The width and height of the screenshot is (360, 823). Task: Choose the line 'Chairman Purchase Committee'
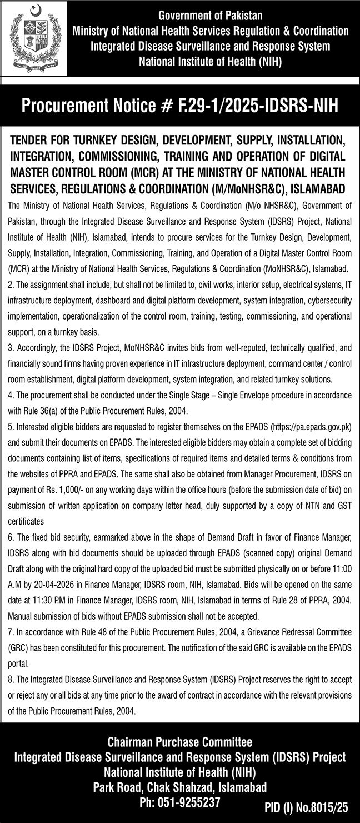pos(180,742)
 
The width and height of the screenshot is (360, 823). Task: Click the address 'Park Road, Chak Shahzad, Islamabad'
pos(180,787)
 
